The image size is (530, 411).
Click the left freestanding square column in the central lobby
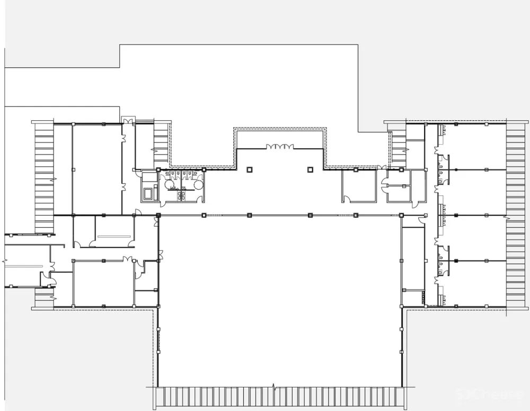(249, 169)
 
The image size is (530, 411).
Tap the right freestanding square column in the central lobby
(310, 169)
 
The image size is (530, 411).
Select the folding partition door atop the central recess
(279, 147)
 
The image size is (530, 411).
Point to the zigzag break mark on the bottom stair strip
(274, 387)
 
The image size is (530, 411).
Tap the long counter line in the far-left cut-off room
(24, 265)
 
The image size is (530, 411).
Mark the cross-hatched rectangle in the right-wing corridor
(423, 297)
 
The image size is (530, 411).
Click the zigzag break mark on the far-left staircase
(52, 180)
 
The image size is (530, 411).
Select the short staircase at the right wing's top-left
(399, 146)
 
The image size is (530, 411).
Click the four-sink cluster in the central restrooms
(183, 195)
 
